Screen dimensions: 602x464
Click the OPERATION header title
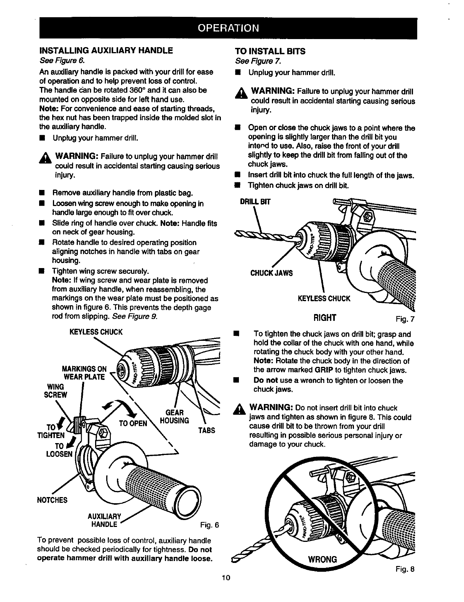(228, 28)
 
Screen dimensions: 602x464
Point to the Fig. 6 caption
(209, 525)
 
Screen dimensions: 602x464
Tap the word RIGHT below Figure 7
(325, 318)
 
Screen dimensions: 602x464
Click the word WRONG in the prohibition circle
(322, 559)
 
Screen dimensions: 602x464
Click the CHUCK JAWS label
(271, 273)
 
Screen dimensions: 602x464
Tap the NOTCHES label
(52, 500)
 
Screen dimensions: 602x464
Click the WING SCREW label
(56, 391)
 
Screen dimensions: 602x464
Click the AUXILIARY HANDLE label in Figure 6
(105, 520)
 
